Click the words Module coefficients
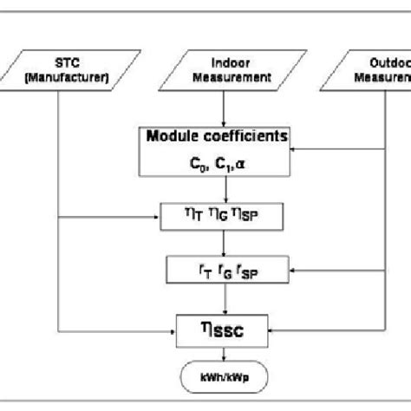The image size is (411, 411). (229, 137)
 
